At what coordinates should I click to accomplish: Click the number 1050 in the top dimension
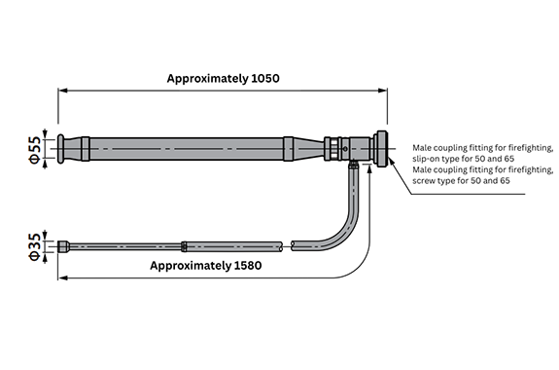coord(265,78)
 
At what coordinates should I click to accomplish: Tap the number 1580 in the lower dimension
coord(248,266)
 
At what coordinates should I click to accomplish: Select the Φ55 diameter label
coord(35,150)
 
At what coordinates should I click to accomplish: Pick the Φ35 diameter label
coord(35,246)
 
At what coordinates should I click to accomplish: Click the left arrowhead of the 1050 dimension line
coord(63,91)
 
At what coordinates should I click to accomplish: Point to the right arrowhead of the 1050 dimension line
coord(382,91)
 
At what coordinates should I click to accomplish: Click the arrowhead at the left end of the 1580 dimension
coord(63,277)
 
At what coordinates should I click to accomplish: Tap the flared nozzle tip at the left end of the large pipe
coord(61,149)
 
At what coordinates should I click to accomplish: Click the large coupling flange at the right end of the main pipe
coord(382,149)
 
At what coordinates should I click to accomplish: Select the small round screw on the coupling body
coord(345,149)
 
